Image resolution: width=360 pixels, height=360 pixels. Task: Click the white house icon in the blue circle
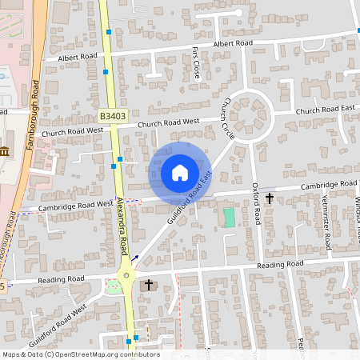coord(180,173)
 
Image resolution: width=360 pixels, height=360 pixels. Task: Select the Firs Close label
coord(197,62)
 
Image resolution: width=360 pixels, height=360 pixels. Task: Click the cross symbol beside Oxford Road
coord(270,198)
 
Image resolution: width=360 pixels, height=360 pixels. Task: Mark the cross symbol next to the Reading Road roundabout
coord(148,285)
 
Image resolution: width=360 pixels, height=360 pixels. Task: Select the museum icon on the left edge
coord(4,152)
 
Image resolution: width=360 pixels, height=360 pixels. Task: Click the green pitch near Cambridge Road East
coord(230,217)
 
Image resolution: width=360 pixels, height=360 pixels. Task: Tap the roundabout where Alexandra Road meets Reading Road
coord(126,277)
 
